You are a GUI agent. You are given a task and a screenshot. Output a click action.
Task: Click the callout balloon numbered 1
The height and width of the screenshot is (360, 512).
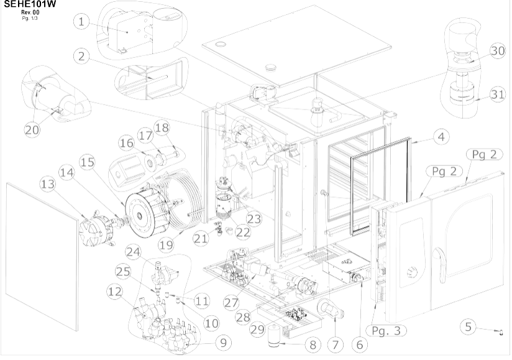[x=81, y=22]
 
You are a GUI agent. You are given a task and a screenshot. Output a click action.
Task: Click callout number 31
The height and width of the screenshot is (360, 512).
[x=496, y=95]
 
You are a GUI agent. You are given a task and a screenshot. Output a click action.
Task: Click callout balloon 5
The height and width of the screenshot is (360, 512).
[x=470, y=325]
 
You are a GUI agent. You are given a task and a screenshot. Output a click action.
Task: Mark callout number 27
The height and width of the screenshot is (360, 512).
[x=232, y=302]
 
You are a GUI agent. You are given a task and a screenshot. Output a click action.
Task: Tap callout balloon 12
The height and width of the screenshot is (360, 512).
[x=114, y=290]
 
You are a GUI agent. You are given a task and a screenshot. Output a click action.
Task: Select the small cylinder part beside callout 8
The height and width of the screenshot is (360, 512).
[x=273, y=336]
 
